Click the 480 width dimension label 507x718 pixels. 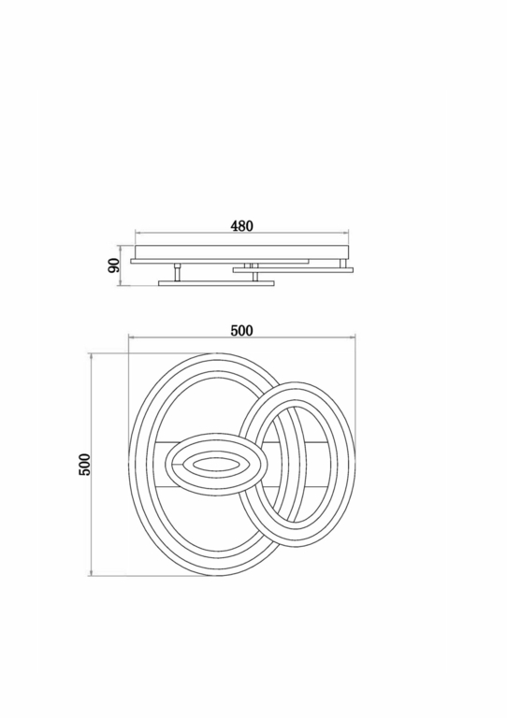241,225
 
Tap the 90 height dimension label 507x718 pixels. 113,266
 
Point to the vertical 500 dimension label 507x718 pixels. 85,465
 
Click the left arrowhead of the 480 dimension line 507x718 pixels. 138,233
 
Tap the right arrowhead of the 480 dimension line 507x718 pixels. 346,233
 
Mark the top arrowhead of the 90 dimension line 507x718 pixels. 120,248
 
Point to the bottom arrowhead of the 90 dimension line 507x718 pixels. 120,283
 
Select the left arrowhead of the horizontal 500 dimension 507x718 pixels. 132,337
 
